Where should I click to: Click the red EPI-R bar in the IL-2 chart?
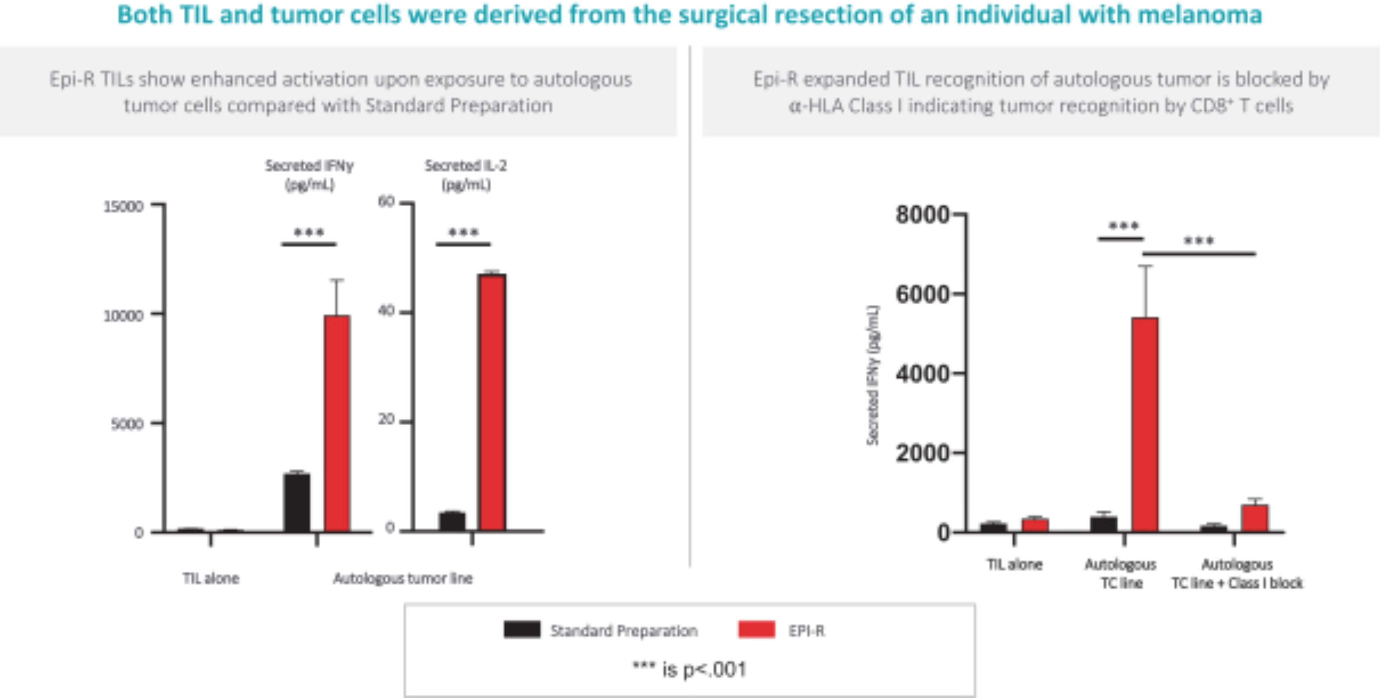click(x=492, y=402)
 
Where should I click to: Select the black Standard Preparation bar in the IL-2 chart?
click(x=452, y=522)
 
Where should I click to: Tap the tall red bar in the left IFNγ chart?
click(x=337, y=424)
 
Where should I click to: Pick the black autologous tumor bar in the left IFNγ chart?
click(x=297, y=503)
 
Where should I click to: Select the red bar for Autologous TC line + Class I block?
click(x=1255, y=518)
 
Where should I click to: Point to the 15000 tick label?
click(x=123, y=207)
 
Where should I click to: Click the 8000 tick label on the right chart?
click(x=922, y=215)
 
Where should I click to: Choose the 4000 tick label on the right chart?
click(x=922, y=374)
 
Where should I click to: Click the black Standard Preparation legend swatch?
click(x=522, y=630)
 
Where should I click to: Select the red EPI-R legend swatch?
click(x=756, y=630)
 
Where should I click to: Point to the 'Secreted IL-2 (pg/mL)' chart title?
click(x=465, y=175)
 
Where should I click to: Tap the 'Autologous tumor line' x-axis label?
click(x=402, y=578)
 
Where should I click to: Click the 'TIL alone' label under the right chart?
click(x=1015, y=564)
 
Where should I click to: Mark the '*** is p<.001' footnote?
click(x=689, y=669)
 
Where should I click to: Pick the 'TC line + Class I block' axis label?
click(x=1237, y=583)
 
